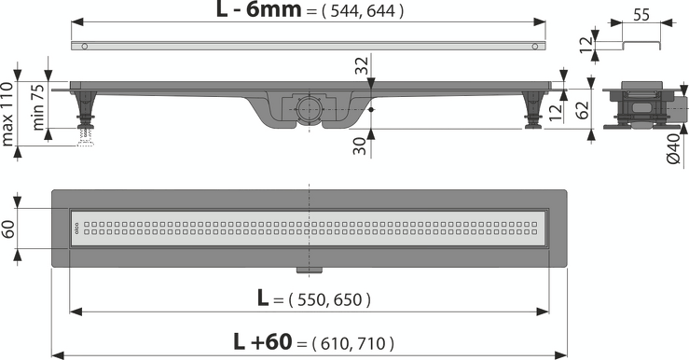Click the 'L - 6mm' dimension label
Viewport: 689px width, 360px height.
[x=258, y=9]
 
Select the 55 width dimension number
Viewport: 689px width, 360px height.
[x=641, y=15]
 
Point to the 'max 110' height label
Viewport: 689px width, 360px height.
[x=7, y=114]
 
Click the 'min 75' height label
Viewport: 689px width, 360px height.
[x=38, y=107]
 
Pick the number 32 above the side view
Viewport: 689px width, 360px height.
[x=362, y=66]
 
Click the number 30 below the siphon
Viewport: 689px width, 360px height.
[x=360, y=145]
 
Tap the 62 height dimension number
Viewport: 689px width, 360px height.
[x=582, y=110]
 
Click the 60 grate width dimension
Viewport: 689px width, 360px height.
[x=9, y=228]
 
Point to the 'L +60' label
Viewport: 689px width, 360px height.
[x=262, y=342]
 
